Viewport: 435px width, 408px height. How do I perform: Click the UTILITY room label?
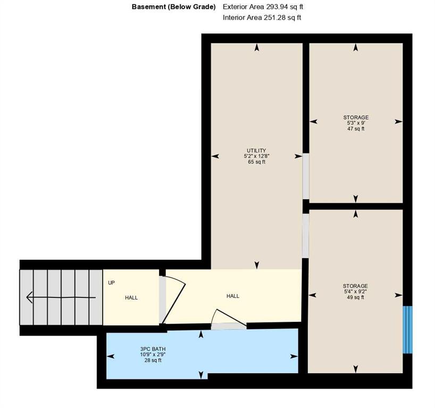click(x=256, y=150)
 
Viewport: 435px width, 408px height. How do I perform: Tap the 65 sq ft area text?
click(x=257, y=162)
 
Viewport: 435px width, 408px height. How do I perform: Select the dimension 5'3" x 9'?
click(x=356, y=123)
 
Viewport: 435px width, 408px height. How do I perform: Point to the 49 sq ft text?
click(x=355, y=297)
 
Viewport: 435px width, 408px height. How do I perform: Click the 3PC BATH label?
click(x=153, y=349)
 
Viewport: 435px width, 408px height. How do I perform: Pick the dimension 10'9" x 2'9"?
click(x=153, y=355)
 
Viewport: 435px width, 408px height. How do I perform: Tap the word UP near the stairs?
click(x=111, y=283)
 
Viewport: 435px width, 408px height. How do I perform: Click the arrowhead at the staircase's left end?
click(x=29, y=297)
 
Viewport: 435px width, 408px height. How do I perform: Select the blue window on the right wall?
click(x=407, y=329)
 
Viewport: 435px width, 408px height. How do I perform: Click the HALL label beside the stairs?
click(x=131, y=297)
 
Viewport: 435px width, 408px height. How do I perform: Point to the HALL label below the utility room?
click(x=233, y=296)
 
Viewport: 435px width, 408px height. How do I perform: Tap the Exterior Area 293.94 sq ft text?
click(x=263, y=7)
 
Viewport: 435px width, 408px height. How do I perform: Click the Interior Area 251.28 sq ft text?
click(x=262, y=18)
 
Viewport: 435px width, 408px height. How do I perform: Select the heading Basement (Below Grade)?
click(x=174, y=7)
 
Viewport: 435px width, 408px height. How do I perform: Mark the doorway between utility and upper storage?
click(x=306, y=176)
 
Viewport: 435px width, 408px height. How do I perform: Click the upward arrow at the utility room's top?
click(x=257, y=47)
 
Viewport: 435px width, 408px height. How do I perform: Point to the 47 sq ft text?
click(x=356, y=129)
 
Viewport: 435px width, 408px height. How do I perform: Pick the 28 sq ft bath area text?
click(x=153, y=361)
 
